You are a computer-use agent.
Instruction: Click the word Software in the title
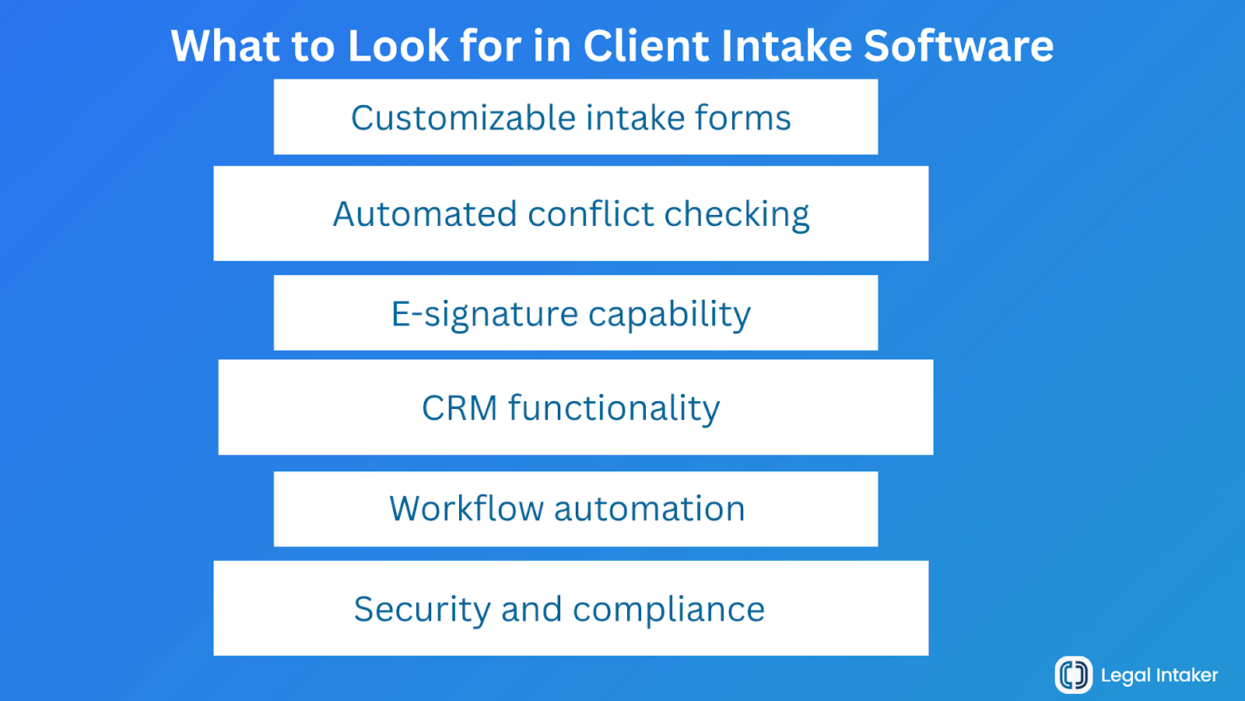pyautogui.click(x=959, y=46)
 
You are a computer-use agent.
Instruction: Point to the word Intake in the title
pyautogui.click(x=786, y=46)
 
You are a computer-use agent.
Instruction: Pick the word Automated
pyautogui.click(x=425, y=214)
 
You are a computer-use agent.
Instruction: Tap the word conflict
pyautogui.click(x=591, y=214)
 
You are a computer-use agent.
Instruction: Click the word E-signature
pyautogui.click(x=484, y=315)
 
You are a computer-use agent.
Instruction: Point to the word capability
pyautogui.click(x=669, y=315)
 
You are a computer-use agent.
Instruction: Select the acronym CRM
pyautogui.click(x=459, y=408)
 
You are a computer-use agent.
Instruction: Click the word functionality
pyautogui.click(x=614, y=408)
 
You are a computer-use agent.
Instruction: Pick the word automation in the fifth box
pyautogui.click(x=650, y=509)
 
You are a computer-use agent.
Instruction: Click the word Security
pyautogui.click(x=421, y=609)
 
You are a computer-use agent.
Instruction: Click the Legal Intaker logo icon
pyautogui.click(x=1074, y=675)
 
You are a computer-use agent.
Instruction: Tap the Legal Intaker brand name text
pyautogui.click(x=1159, y=675)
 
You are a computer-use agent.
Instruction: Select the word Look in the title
pyautogui.click(x=398, y=46)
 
